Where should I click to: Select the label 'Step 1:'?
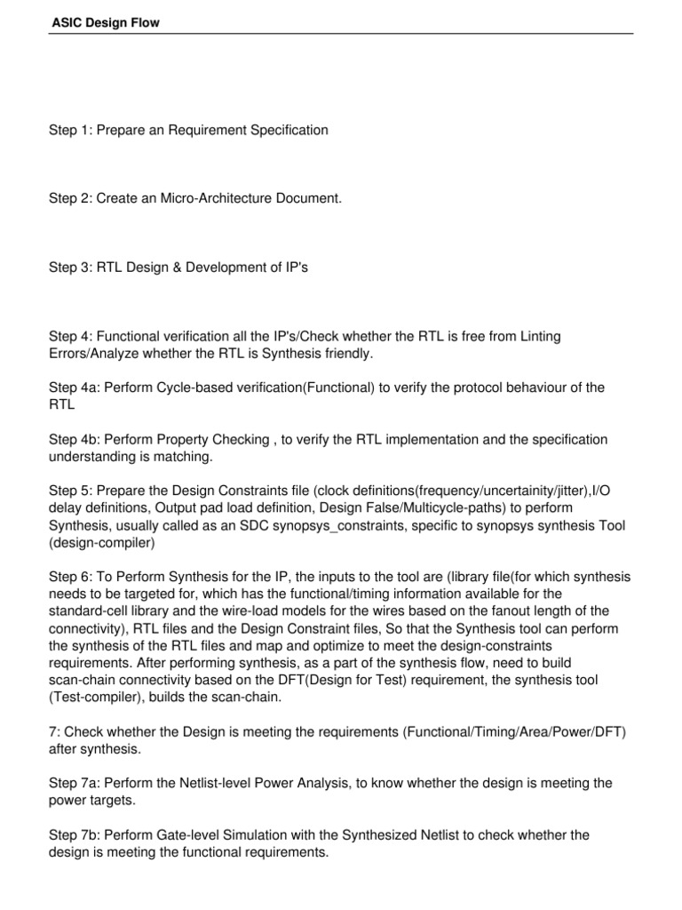pyautogui.click(x=69, y=131)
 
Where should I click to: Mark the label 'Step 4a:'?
pyautogui.click(x=73, y=387)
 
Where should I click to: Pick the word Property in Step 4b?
pyautogui.click(x=196, y=439)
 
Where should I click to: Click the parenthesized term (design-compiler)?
pyautogui.click(x=102, y=543)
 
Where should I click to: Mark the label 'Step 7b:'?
pyautogui.click(x=73, y=835)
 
